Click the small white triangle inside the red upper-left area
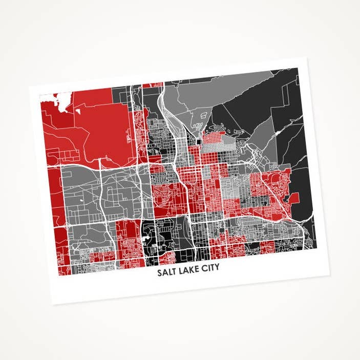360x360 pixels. click(x=79, y=109)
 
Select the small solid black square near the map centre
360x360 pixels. click(x=199, y=140)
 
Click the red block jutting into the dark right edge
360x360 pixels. click(x=293, y=198)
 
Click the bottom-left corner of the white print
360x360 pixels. click(x=53, y=304)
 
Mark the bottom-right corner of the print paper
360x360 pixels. click(x=329, y=275)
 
